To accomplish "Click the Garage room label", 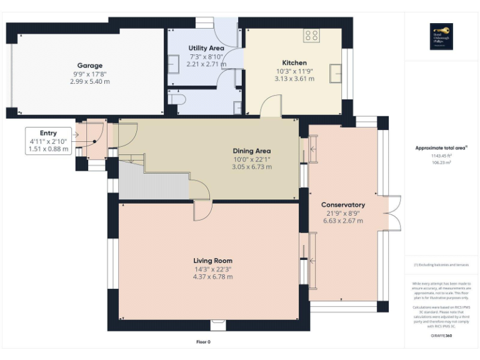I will coord(89,65).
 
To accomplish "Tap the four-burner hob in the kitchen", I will coord(311,36).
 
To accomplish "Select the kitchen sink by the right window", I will coord(336,73).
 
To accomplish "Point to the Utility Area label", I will coord(206,48).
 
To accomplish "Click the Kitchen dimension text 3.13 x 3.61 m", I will coord(294,79).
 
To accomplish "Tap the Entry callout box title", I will coord(48,133).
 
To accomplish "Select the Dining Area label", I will coord(251,151).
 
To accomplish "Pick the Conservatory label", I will coord(342,204).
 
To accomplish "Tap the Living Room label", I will coord(212,261).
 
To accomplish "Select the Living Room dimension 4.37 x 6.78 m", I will coord(212,277).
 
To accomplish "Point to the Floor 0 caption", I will coord(203,342).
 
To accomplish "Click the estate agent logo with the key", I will coord(442,36).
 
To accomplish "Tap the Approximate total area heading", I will coord(441,148).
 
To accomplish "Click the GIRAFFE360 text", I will coord(441,336).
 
